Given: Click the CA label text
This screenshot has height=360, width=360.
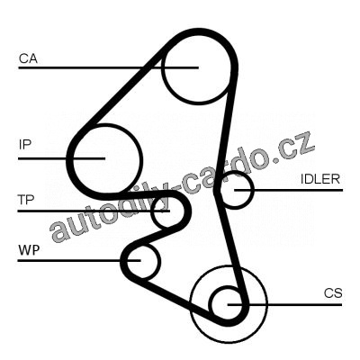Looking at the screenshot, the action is coord(28,58).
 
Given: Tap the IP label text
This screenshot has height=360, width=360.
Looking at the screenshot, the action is coord(25,145).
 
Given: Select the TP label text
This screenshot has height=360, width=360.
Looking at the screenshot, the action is coord(26,200).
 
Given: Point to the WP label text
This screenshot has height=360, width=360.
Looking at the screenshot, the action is coord(29,250).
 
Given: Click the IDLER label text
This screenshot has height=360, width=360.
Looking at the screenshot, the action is coord(320,179).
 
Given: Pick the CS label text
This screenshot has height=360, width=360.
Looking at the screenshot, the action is coord(333,293).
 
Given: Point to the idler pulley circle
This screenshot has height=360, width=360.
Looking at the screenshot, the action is coord(254,190).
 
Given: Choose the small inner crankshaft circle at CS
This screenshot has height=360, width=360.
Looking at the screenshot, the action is coord(212,304).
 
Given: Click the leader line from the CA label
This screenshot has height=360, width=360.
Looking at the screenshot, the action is coord(108,67).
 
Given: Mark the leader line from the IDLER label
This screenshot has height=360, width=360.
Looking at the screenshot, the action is coord(288,190).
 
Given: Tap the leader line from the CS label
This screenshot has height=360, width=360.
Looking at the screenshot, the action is coord(284,304).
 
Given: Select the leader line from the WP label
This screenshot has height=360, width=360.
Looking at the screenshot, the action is coord(79,260).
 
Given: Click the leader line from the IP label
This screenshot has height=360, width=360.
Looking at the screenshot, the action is coord(62,158).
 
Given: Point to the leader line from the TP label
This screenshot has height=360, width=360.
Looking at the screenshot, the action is coord(94,211).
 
